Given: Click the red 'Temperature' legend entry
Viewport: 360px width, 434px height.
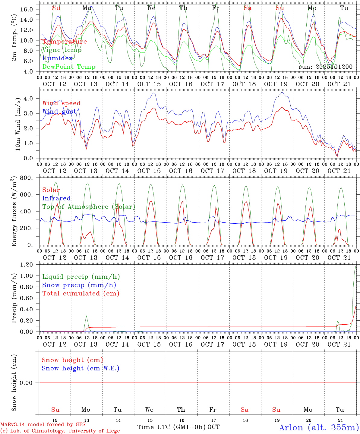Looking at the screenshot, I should (x=65, y=42).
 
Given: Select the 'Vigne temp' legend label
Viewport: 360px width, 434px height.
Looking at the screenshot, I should (x=62, y=50).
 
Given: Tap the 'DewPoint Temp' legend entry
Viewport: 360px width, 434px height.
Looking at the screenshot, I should (x=69, y=67).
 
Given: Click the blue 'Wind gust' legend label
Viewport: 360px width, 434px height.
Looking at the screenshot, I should (x=59, y=112).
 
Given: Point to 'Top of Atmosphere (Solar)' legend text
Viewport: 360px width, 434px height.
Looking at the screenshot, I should (x=89, y=207).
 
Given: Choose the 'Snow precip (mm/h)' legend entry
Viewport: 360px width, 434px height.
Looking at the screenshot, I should (x=79, y=285).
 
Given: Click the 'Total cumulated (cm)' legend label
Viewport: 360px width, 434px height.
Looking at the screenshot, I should (x=81, y=294).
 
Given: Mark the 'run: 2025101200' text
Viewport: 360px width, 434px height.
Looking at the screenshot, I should (x=325, y=67).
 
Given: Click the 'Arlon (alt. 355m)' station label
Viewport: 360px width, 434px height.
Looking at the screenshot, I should (x=319, y=427).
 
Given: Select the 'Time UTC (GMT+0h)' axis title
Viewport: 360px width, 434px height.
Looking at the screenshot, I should (x=172, y=427).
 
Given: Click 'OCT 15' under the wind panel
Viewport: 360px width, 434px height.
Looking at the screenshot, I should (x=149, y=171).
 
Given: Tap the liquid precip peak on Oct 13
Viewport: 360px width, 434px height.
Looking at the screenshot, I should (x=86, y=316).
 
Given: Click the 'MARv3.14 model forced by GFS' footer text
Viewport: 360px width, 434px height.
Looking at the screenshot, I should (x=43, y=425).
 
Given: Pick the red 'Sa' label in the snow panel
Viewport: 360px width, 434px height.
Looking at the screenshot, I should (x=245, y=410).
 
